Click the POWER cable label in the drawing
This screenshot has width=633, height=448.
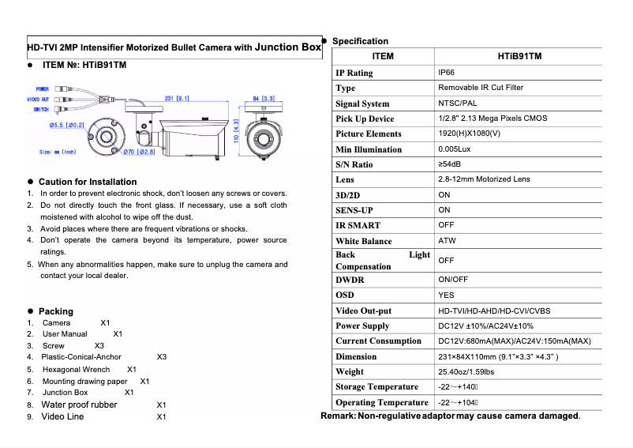[x=43, y=89]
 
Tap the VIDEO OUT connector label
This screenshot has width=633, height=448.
[x=38, y=100]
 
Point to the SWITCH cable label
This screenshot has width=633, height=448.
[x=41, y=110]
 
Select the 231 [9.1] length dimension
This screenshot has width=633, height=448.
[x=176, y=99]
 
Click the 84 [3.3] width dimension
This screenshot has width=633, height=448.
[x=264, y=99]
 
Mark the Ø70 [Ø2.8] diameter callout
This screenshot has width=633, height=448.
[x=139, y=151]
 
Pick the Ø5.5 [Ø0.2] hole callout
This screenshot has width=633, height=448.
[x=66, y=125]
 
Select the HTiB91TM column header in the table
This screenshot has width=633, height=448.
[x=519, y=57]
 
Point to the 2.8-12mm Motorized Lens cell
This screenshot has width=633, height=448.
[x=484, y=180]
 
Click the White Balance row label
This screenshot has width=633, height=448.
[x=363, y=241]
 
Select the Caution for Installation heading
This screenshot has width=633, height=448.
[x=87, y=182]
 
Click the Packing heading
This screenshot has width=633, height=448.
[x=55, y=311]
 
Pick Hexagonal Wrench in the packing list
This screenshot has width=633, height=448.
[x=76, y=369]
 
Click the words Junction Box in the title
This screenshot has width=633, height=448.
[x=288, y=47]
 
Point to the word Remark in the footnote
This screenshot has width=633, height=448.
[x=337, y=416]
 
